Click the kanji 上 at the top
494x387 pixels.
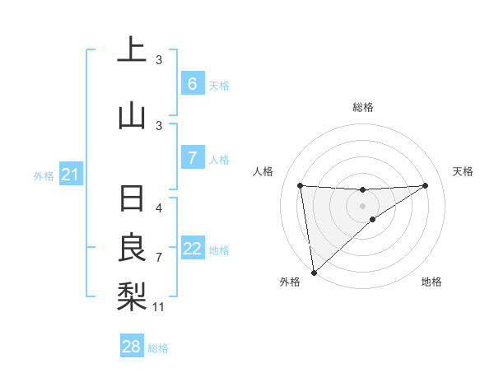tap(131, 50)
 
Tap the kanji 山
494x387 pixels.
tap(131, 116)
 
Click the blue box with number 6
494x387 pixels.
tap(192, 84)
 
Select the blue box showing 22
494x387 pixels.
tap(192, 249)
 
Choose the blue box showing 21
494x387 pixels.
tap(70, 175)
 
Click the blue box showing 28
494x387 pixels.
tap(132, 347)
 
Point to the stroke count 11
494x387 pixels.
tap(159, 307)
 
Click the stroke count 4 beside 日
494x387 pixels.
tap(159, 208)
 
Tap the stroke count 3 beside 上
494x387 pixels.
tap(159, 60)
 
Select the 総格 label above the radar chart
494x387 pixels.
tap(363, 107)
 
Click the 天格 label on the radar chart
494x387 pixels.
tap(464, 171)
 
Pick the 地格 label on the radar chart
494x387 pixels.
tap(431, 282)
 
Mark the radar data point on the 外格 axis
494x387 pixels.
tap(314, 272)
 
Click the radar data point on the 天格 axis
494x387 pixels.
tap(425, 185)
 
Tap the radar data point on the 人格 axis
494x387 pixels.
tap(300, 185)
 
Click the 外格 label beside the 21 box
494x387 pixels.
tap(43, 175)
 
